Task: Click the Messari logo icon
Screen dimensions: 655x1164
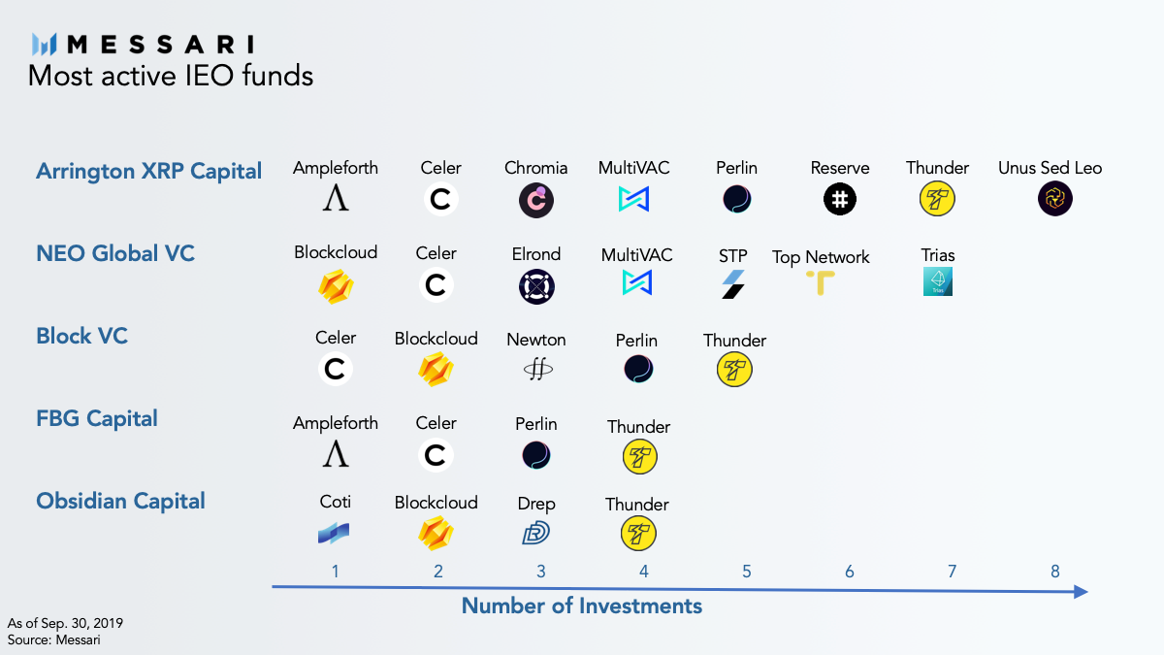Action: [48, 44]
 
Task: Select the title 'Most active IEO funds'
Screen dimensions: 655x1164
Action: [171, 75]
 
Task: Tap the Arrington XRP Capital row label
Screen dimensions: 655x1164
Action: [148, 172]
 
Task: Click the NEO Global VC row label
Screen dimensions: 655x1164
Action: [115, 253]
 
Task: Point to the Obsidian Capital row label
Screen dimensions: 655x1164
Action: [120, 501]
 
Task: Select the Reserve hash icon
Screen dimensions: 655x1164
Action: [839, 200]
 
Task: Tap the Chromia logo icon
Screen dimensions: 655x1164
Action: [535, 200]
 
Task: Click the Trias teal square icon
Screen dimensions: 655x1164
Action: [938, 281]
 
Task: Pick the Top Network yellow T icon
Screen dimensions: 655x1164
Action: [821, 282]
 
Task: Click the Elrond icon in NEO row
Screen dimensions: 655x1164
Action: [535, 286]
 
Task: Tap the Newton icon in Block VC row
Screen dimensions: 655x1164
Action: [535, 369]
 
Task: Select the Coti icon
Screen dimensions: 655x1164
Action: [334, 533]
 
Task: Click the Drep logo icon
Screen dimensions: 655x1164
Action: [535, 533]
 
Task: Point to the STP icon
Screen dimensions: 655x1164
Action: [732, 284]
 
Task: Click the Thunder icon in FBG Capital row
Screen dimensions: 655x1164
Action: [639, 457]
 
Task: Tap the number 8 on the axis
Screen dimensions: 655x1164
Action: [1055, 571]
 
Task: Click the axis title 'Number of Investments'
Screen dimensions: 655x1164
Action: [581, 606]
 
